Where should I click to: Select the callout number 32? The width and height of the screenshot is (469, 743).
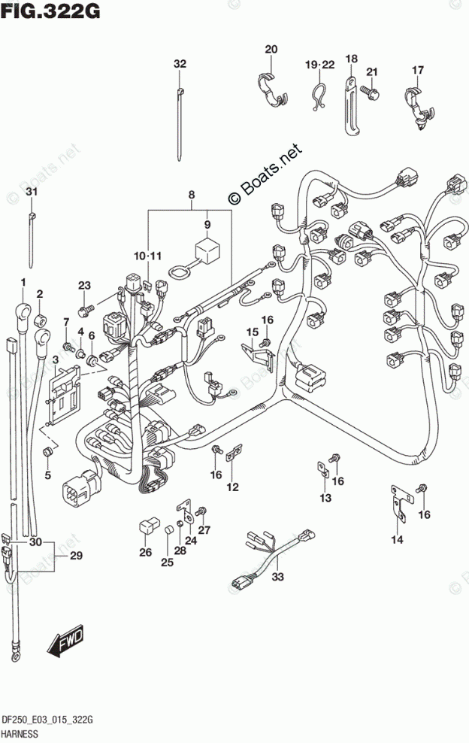(x=179, y=64)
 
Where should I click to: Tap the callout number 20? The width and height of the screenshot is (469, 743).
(x=271, y=50)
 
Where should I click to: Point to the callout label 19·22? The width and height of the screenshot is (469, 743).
(x=319, y=65)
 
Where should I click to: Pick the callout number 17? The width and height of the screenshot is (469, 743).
(x=418, y=71)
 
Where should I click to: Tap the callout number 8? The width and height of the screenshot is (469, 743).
(x=192, y=196)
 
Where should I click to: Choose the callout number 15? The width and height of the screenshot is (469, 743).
(x=251, y=332)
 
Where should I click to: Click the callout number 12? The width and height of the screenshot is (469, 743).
(x=233, y=487)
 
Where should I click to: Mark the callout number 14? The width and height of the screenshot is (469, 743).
(x=396, y=539)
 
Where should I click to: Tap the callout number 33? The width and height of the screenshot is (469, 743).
(x=278, y=578)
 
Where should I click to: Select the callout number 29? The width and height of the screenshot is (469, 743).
(x=75, y=556)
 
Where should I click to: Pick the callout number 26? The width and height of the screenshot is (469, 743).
(x=144, y=553)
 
